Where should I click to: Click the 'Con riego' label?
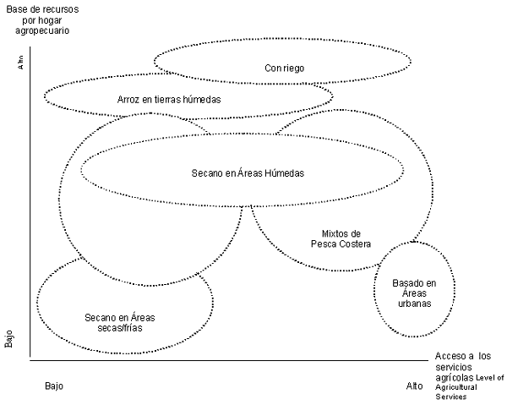click(x=284, y=68)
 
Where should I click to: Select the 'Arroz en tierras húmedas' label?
click(x=169, y=100)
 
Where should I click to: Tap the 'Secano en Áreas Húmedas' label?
click(x=248, y=172)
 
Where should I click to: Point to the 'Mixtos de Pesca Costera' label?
click(x=335, y=238)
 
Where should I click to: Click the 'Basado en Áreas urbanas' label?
click(x=414, y=293)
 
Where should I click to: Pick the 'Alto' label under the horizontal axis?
click(x=414, y=386)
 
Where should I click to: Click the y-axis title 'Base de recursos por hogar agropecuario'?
click(x=40, y=19)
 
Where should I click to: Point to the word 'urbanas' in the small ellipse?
click(x=414, y=304)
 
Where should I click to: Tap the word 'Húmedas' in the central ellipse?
click(x=285, y=172)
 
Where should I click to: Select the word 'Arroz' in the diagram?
click(x=130, y=100)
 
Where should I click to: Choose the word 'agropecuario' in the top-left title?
click(x=41, y=30)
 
